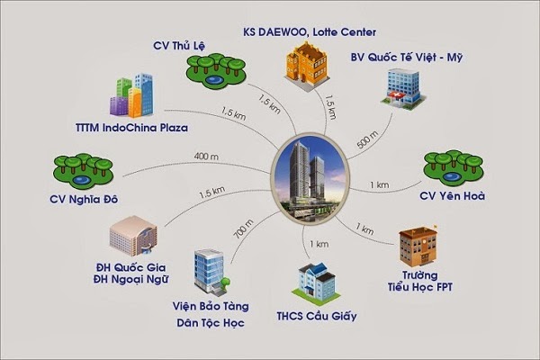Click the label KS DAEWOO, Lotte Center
point(311,32)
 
